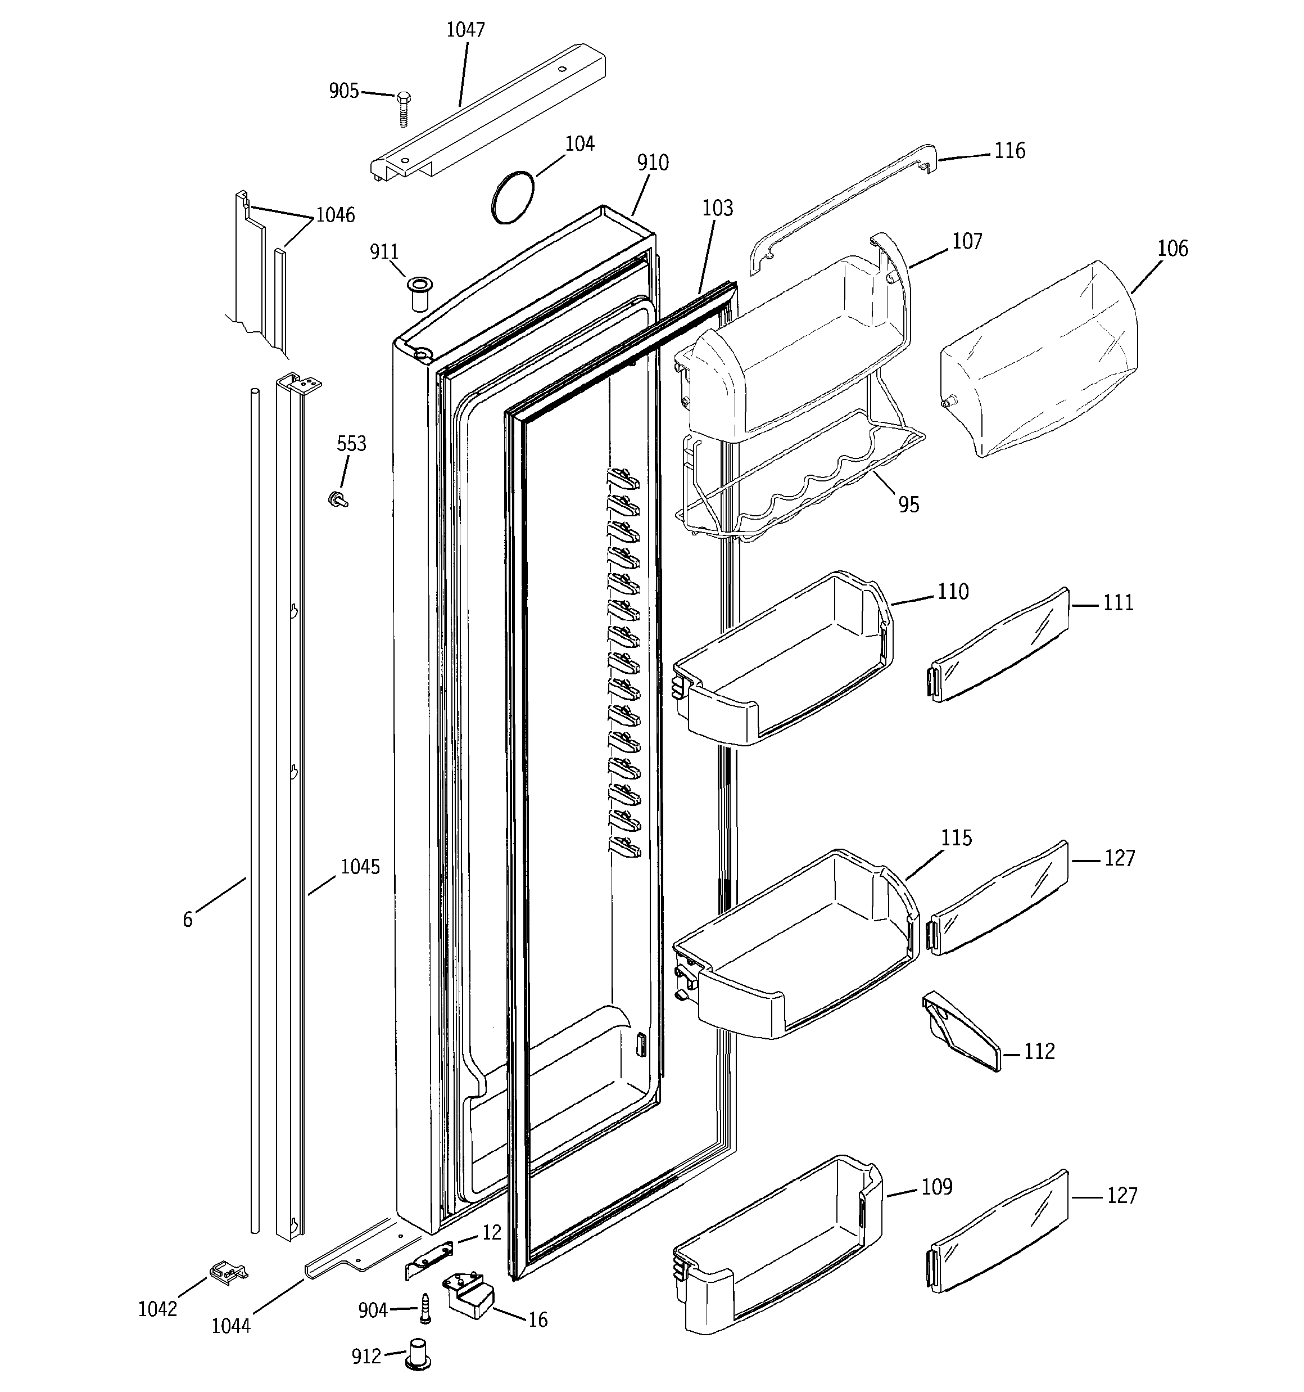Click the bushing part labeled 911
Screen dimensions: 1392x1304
click(419, 294)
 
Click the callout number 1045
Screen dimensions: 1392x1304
click(360, 867)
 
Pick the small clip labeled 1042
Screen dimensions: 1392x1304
click(228, 1272)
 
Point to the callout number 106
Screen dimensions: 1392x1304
click(1172, 249)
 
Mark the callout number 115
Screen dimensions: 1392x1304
click(956, 838)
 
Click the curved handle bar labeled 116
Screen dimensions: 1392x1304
click(840, 203)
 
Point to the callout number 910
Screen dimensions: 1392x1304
click(653, 163)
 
